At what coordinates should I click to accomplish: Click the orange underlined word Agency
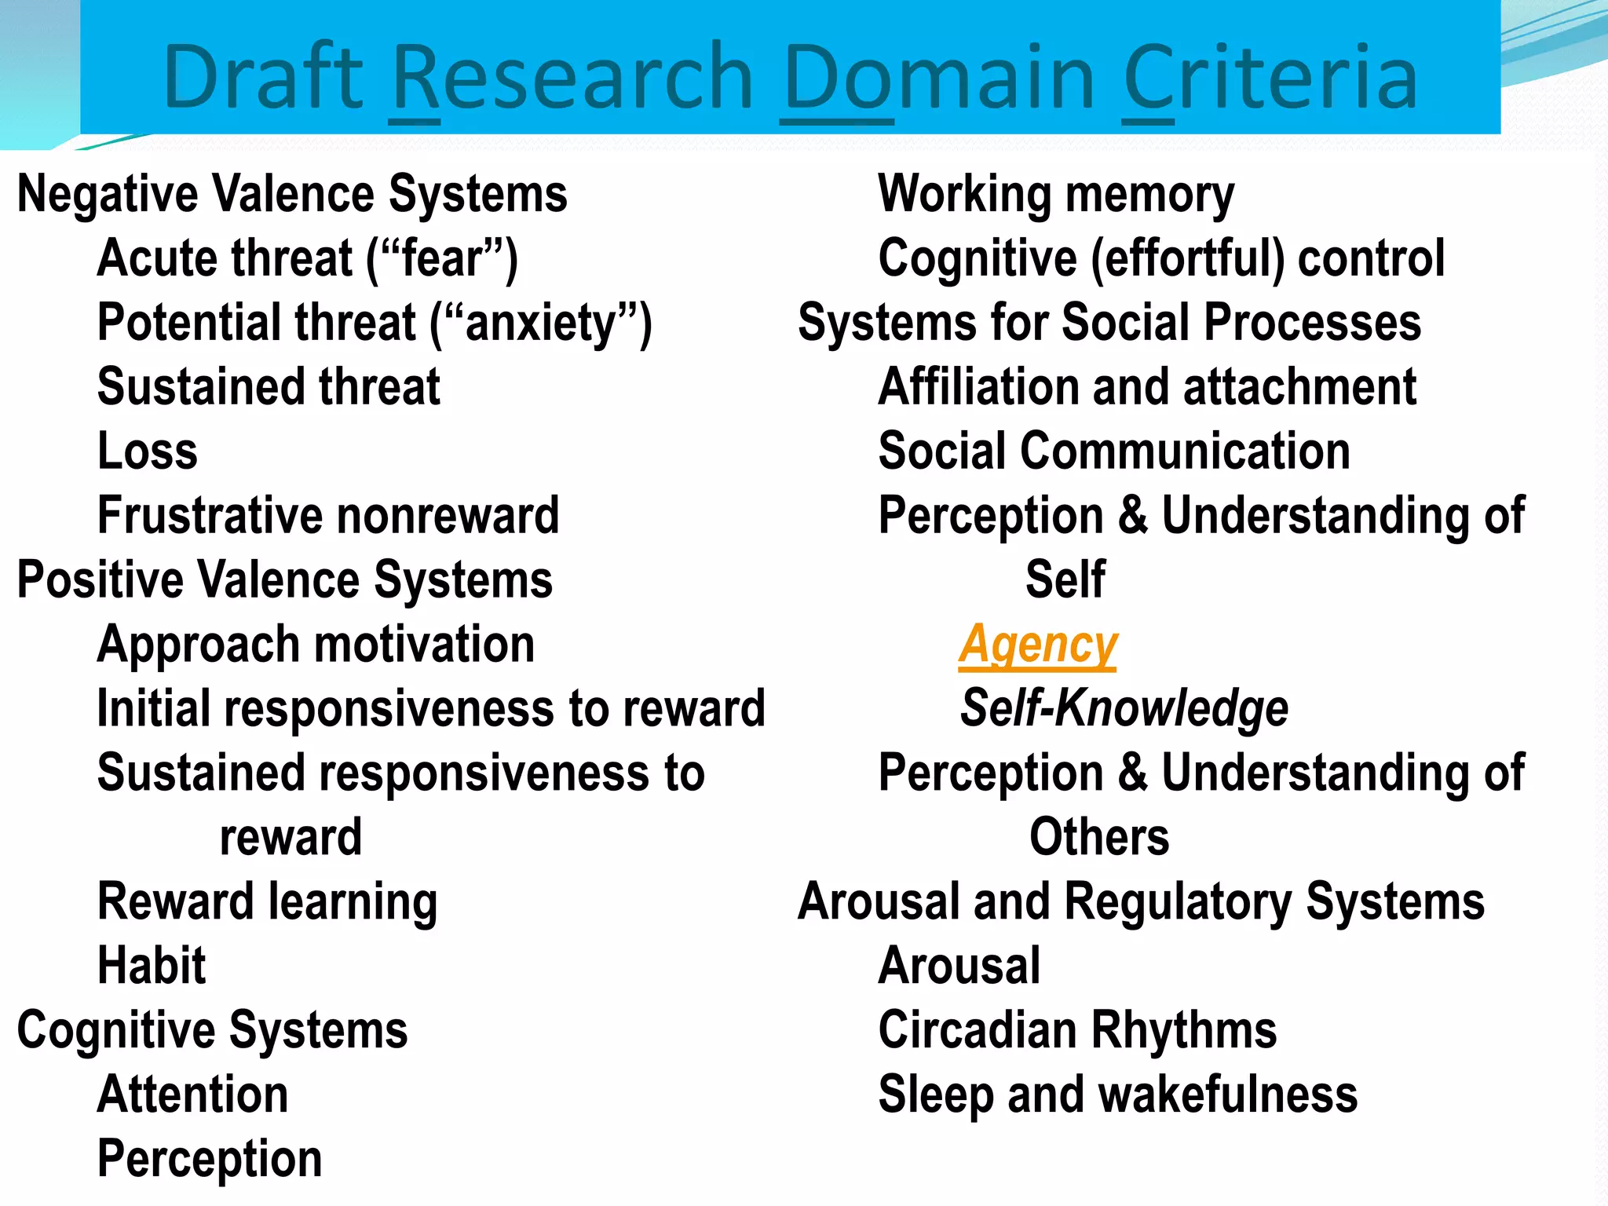click(1037, 645)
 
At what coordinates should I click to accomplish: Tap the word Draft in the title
click(262, 77)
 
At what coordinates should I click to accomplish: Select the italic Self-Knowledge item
click(1124, 708)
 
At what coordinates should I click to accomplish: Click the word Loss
click(148, 451)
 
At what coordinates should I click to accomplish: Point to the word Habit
click(152, 965)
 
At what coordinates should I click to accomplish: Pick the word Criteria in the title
click(1270, 77)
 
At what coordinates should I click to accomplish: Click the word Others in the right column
click(1098, 837)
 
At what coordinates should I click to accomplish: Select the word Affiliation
click(978, 387)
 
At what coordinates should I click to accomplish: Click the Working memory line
click(1055, 194)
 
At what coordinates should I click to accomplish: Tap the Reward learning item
click(267, 901)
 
